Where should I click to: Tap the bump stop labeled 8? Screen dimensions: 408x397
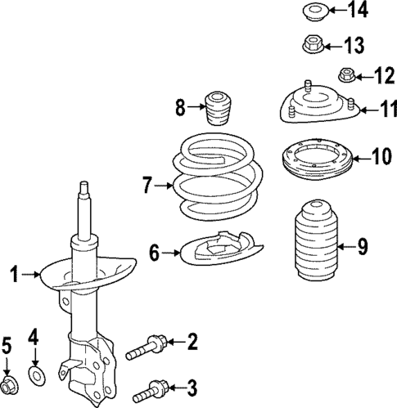point(217,108)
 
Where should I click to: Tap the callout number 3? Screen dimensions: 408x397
point(191,387)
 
